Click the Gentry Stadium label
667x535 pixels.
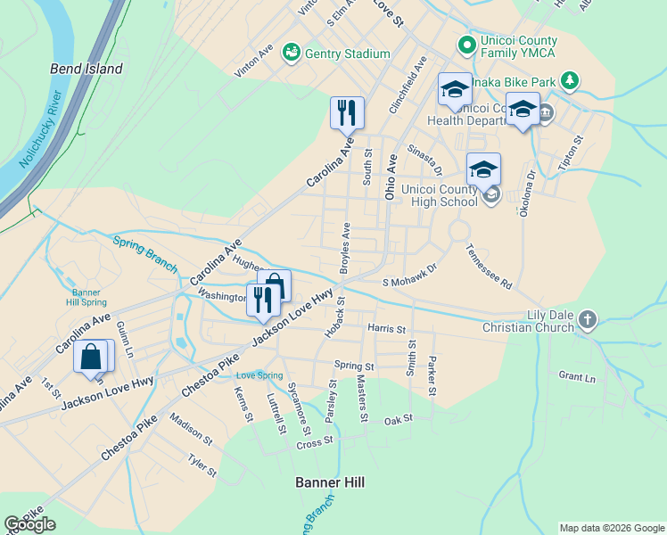(347, 54)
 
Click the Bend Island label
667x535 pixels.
(86, 69)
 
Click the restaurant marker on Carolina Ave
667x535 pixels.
(347, 113)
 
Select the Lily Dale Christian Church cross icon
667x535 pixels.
(587, 319)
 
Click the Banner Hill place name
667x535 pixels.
(330, 482)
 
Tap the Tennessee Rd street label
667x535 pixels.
(488, 267)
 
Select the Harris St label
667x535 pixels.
(386, 329)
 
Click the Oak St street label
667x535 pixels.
(399, 420)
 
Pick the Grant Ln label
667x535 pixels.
(576, 377)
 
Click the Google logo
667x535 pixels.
(30, 524)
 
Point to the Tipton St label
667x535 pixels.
(568, 153)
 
